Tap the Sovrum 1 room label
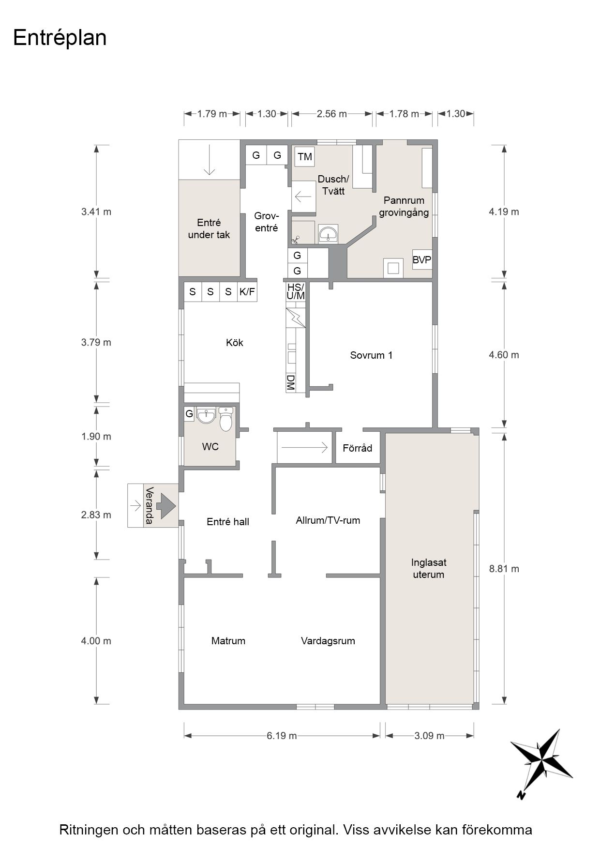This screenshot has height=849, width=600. coord(371,355)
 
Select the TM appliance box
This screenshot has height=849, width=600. coord(305,157)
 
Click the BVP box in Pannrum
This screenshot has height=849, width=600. coord(422,260)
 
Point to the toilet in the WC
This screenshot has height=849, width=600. coord(226,419)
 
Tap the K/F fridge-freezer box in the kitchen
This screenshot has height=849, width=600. coord(247,292)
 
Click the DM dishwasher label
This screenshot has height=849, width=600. coord(291,382)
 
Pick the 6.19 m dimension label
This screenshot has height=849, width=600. coord(282,736)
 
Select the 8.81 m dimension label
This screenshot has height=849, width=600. coord(504,569)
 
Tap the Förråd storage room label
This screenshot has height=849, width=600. coord(358,448)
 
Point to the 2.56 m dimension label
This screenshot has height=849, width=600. coord(332,114)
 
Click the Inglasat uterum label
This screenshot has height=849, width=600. coord(429,568)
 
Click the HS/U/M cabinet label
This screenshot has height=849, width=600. coord(296,291)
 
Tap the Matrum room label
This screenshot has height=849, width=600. coord(228,641)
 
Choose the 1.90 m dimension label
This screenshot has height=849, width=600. coord(96,437)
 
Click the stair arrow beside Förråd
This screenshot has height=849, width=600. coord(305,448)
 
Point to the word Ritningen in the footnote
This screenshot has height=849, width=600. coord(89,830)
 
